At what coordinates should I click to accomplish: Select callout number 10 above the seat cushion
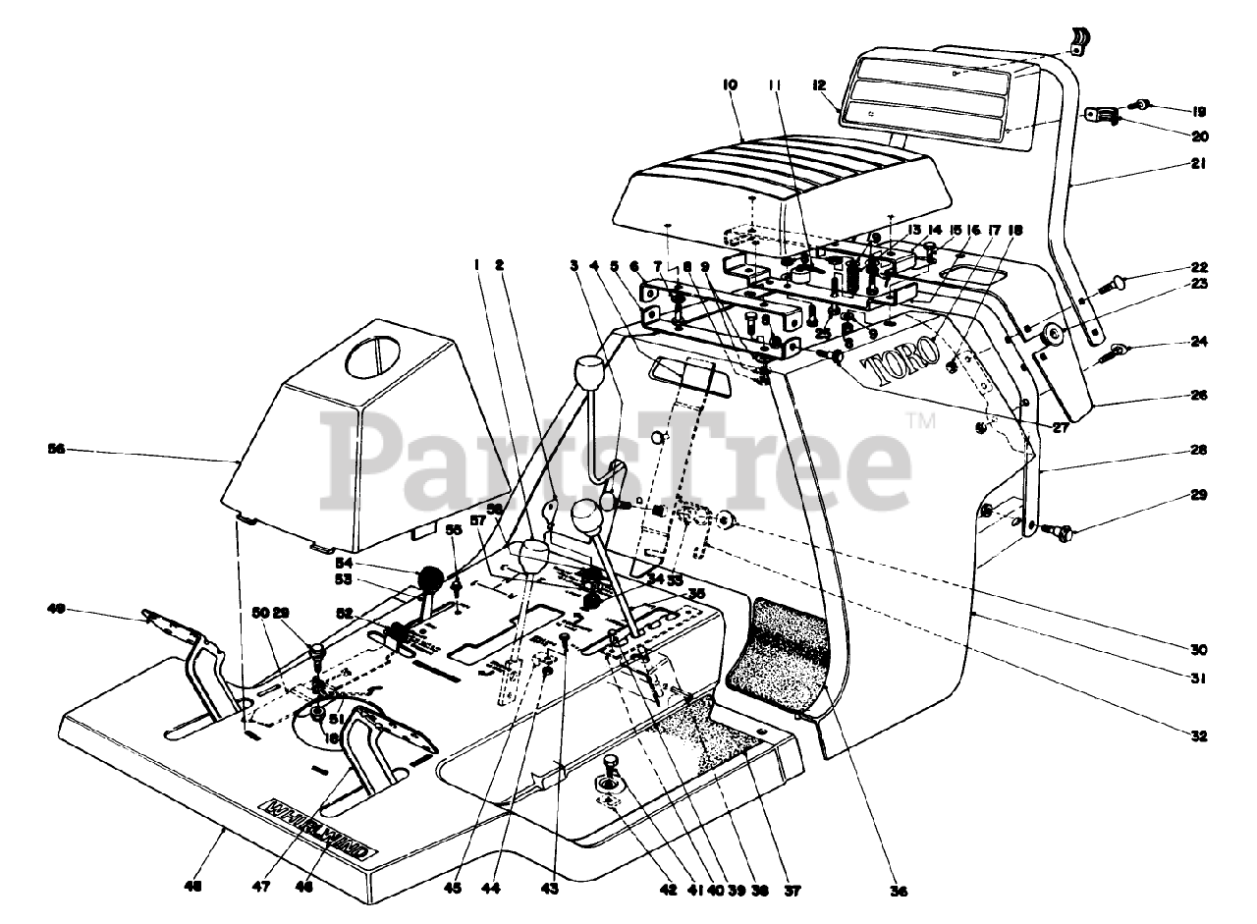click(729, 86)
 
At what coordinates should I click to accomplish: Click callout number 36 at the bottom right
click(899, 892)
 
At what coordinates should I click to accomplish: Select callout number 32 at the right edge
click(1200, 735)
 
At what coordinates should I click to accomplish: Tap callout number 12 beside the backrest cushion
click(818, 85)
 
